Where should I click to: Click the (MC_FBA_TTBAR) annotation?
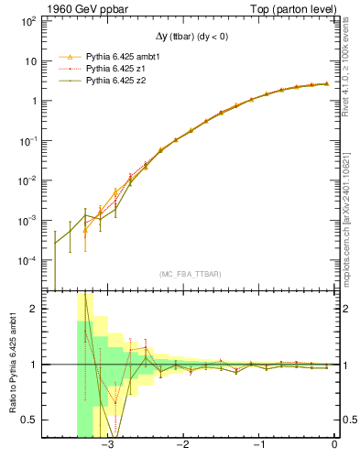pyautogui.click(x=190, y=274)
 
